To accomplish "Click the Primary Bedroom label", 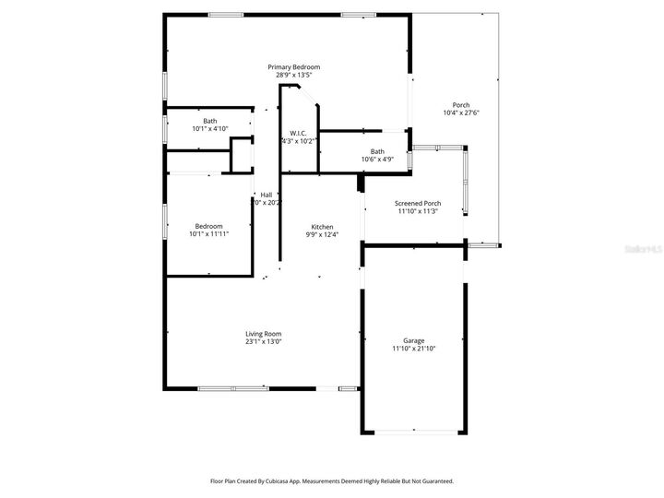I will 294,67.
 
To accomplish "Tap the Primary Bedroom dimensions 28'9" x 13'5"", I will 294,75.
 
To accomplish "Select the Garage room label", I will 413,340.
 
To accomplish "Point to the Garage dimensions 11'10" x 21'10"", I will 413,349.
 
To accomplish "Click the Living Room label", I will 263,334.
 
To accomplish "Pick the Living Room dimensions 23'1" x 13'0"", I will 263,342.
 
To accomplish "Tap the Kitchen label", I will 322,227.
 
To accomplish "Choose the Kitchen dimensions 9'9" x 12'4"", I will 322,234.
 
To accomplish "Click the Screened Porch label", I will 417,203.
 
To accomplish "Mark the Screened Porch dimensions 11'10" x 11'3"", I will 417,211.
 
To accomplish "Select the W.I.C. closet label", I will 298,133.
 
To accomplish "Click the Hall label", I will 267,195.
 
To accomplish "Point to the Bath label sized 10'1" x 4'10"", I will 210,121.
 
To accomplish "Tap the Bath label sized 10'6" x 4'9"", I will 377,151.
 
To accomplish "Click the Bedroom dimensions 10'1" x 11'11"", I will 208,234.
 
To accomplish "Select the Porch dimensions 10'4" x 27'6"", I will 461,113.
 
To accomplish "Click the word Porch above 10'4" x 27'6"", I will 461,105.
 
